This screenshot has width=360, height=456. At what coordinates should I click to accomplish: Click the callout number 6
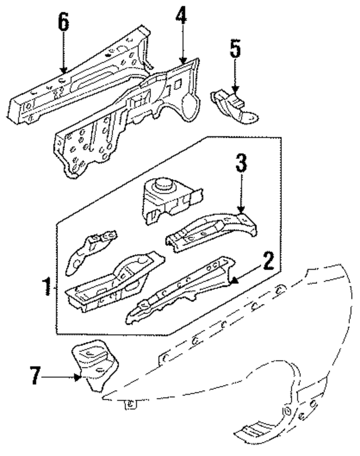click(64, 24)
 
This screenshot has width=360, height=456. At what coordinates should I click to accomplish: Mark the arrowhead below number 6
click(64, 71)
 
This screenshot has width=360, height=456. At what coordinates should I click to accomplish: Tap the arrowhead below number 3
click(242, 211)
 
